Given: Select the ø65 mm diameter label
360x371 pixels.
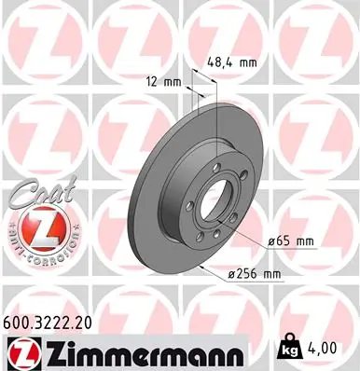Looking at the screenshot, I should point(291,240).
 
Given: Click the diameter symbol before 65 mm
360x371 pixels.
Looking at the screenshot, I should point(271,240).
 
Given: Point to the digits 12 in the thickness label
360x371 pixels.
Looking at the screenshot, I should point(151,82).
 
